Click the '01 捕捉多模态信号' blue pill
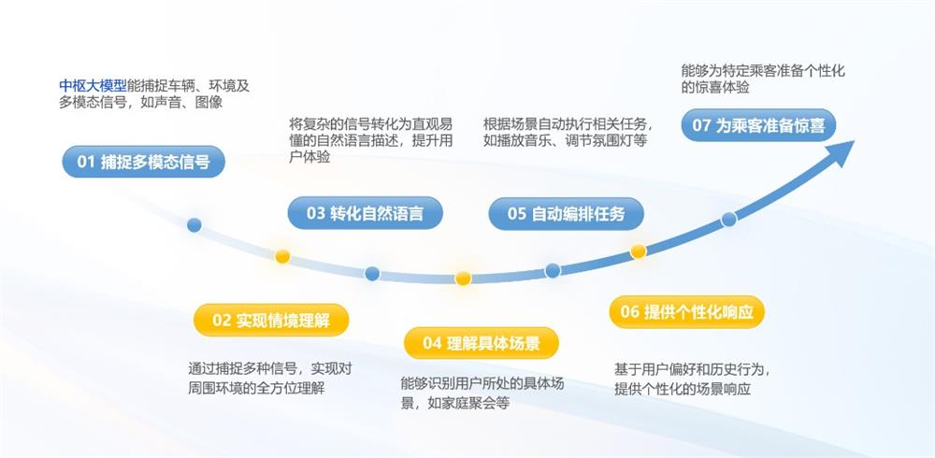click(143, 162)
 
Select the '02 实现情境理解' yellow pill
click(271, 320)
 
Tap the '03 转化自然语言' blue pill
click(365, 213)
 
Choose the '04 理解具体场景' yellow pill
click(481, 343)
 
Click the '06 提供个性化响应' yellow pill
click(686, 312)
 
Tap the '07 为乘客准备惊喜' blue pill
click(758, 125)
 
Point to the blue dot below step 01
click(194, 225)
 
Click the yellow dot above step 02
click(282, 256)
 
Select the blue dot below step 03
click(372, 274)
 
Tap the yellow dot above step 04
click(463, 279)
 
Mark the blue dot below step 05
click(553, 270)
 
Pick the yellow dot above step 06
click(639, 251)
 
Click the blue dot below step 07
click(728, 220)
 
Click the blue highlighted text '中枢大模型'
click(93, 86)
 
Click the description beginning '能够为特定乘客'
click(763, 79)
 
